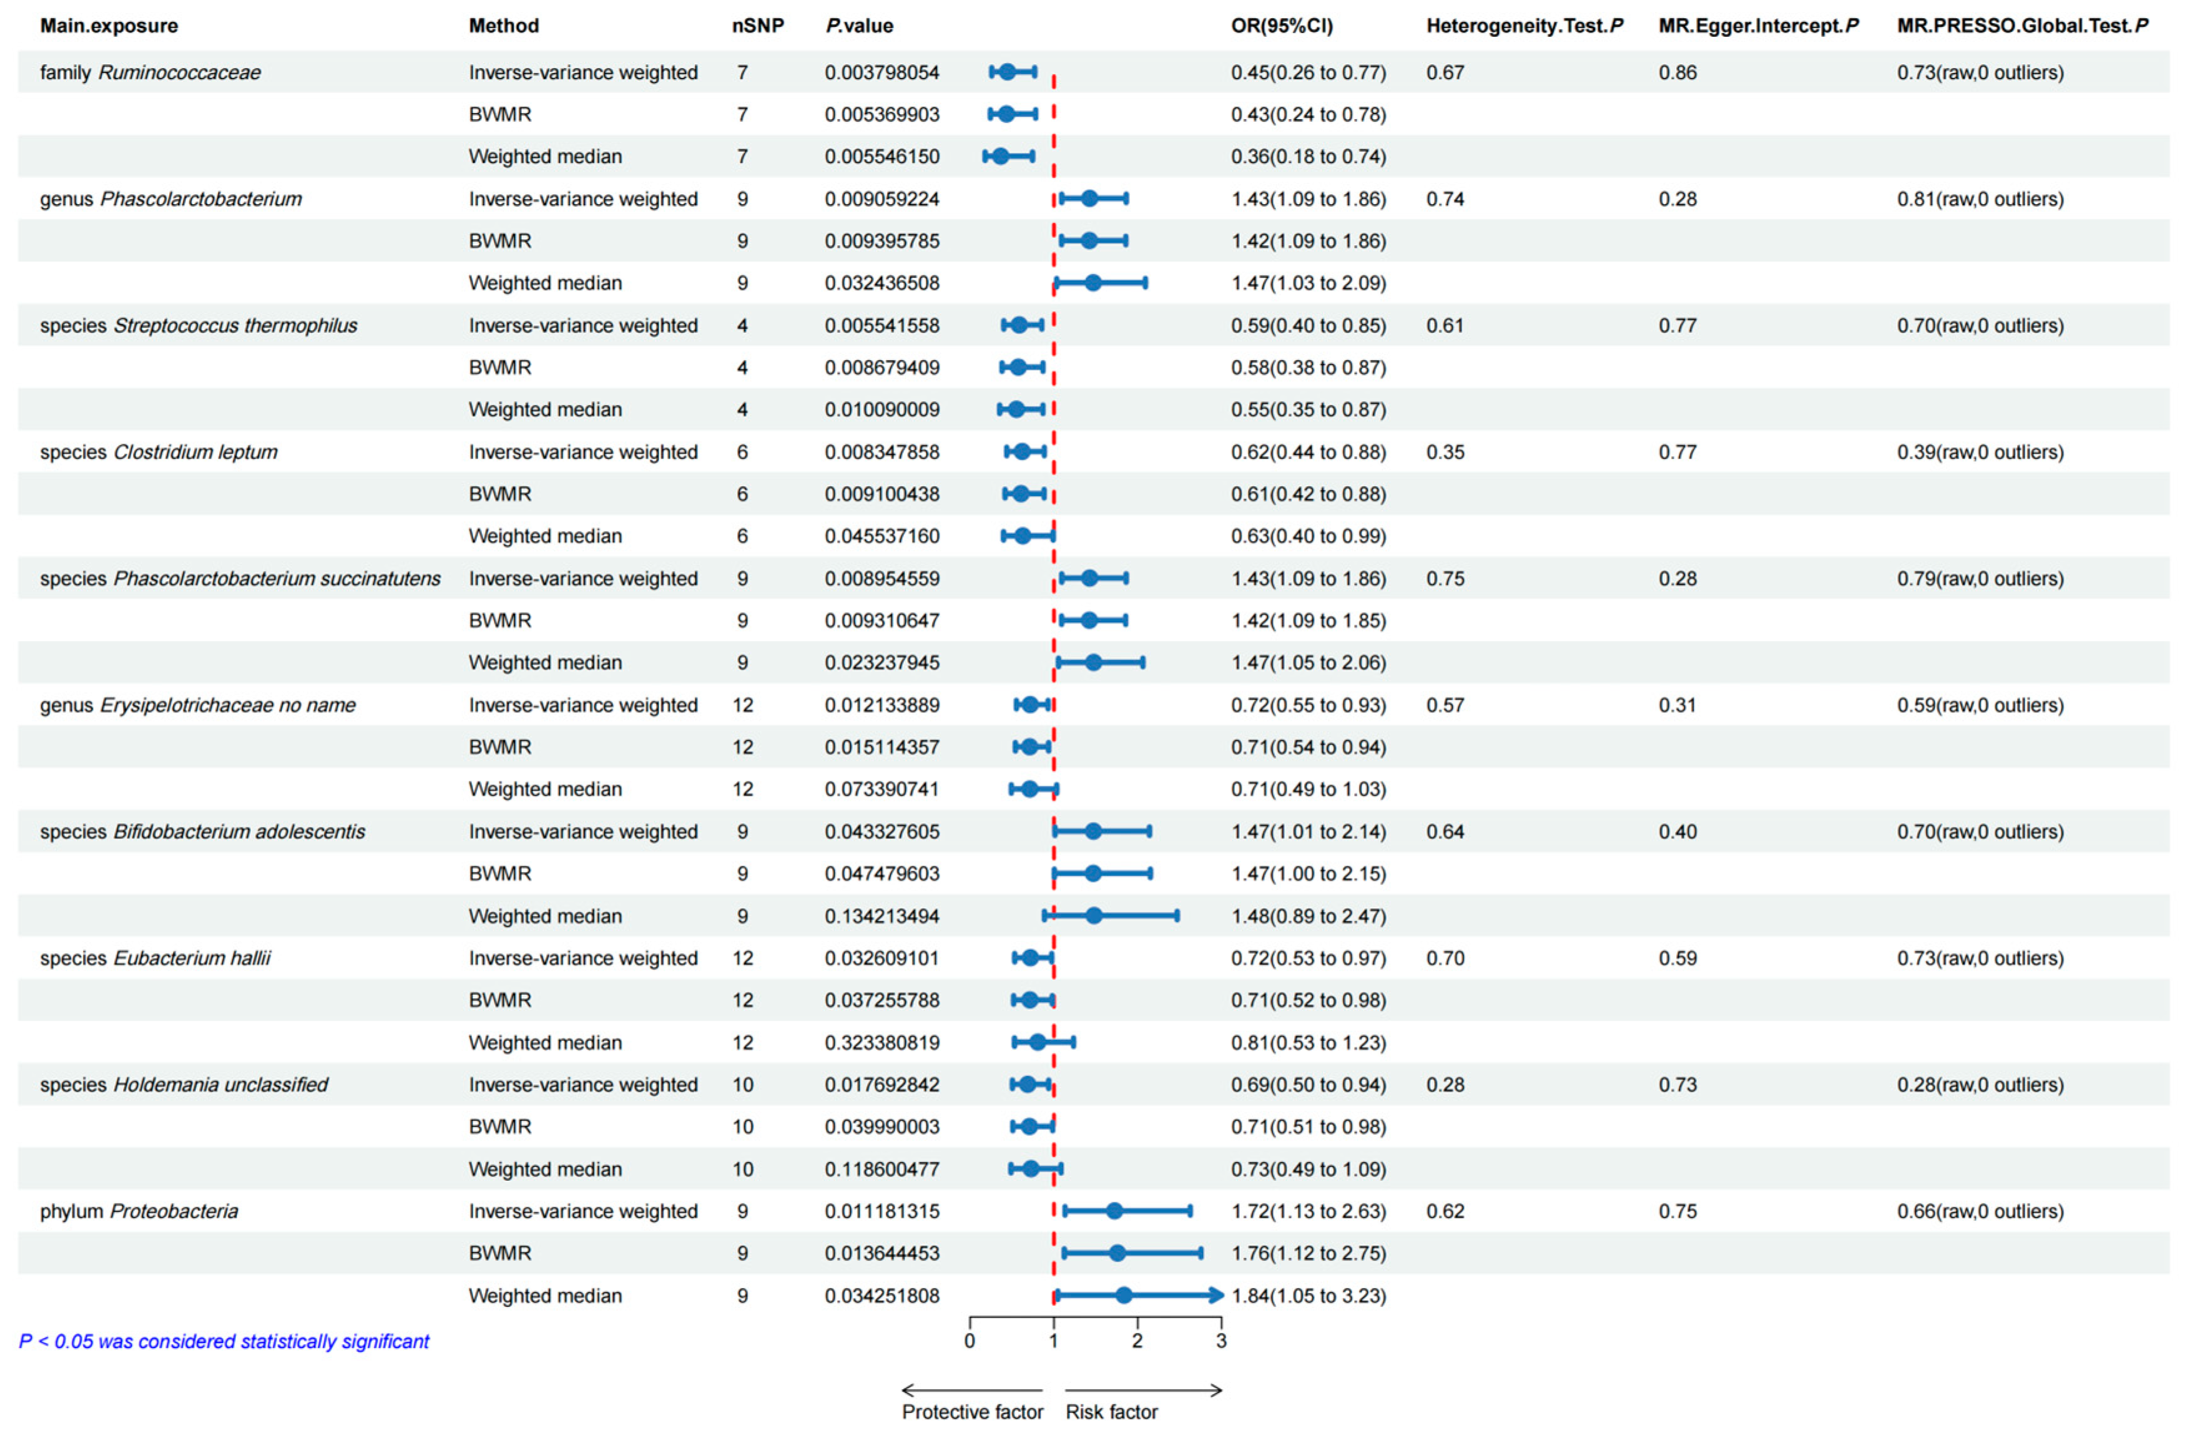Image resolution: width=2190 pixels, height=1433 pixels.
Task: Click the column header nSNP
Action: [757, 26]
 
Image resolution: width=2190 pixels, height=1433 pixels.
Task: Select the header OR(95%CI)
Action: [1281, 26]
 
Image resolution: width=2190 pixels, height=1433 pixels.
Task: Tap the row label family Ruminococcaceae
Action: [150, 72]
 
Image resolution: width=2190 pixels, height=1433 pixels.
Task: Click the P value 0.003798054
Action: [881, 72]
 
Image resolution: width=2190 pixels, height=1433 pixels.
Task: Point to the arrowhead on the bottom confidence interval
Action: [1217, 1295]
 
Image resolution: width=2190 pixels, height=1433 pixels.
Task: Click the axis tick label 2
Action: [1137, 1341]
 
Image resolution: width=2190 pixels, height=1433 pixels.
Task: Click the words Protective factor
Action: [971, 1412]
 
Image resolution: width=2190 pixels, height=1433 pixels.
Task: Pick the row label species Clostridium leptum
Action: [159, 452]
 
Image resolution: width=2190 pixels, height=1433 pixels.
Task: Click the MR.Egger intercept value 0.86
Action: [1677, 72]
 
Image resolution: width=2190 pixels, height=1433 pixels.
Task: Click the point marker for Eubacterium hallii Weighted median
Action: [1037, 1042]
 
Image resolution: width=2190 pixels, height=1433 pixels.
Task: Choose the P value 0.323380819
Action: [881, 1042]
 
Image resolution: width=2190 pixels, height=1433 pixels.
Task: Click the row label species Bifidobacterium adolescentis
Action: [202, 831]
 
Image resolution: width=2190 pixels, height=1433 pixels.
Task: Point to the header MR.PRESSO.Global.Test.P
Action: [2021, 26]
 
